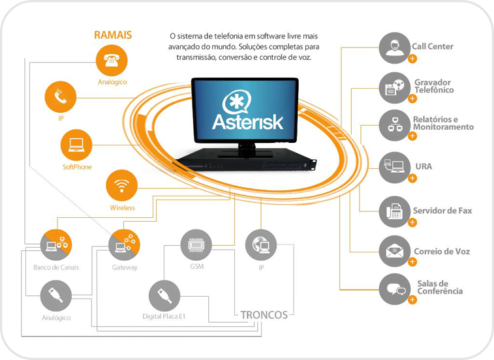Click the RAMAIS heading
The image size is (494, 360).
click(113, 35)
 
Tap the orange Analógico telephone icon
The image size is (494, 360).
click(112, 61)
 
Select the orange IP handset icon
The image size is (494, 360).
click(60, 98)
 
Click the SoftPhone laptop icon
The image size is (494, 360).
click(77, 145)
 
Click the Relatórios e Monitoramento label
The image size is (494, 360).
click(443, 123)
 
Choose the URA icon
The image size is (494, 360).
click(394, 167)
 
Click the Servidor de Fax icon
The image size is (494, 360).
click(394, 211)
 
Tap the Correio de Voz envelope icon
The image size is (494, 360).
click(394, 250)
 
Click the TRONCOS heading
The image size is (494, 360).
click(264, 314)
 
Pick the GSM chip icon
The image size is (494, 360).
click(195, 245)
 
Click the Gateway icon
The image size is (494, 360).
click(124, 245)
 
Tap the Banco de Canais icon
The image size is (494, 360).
click(56, 245)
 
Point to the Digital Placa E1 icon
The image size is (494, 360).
click(164, 295)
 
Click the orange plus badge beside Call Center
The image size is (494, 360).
click(412, 59)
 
